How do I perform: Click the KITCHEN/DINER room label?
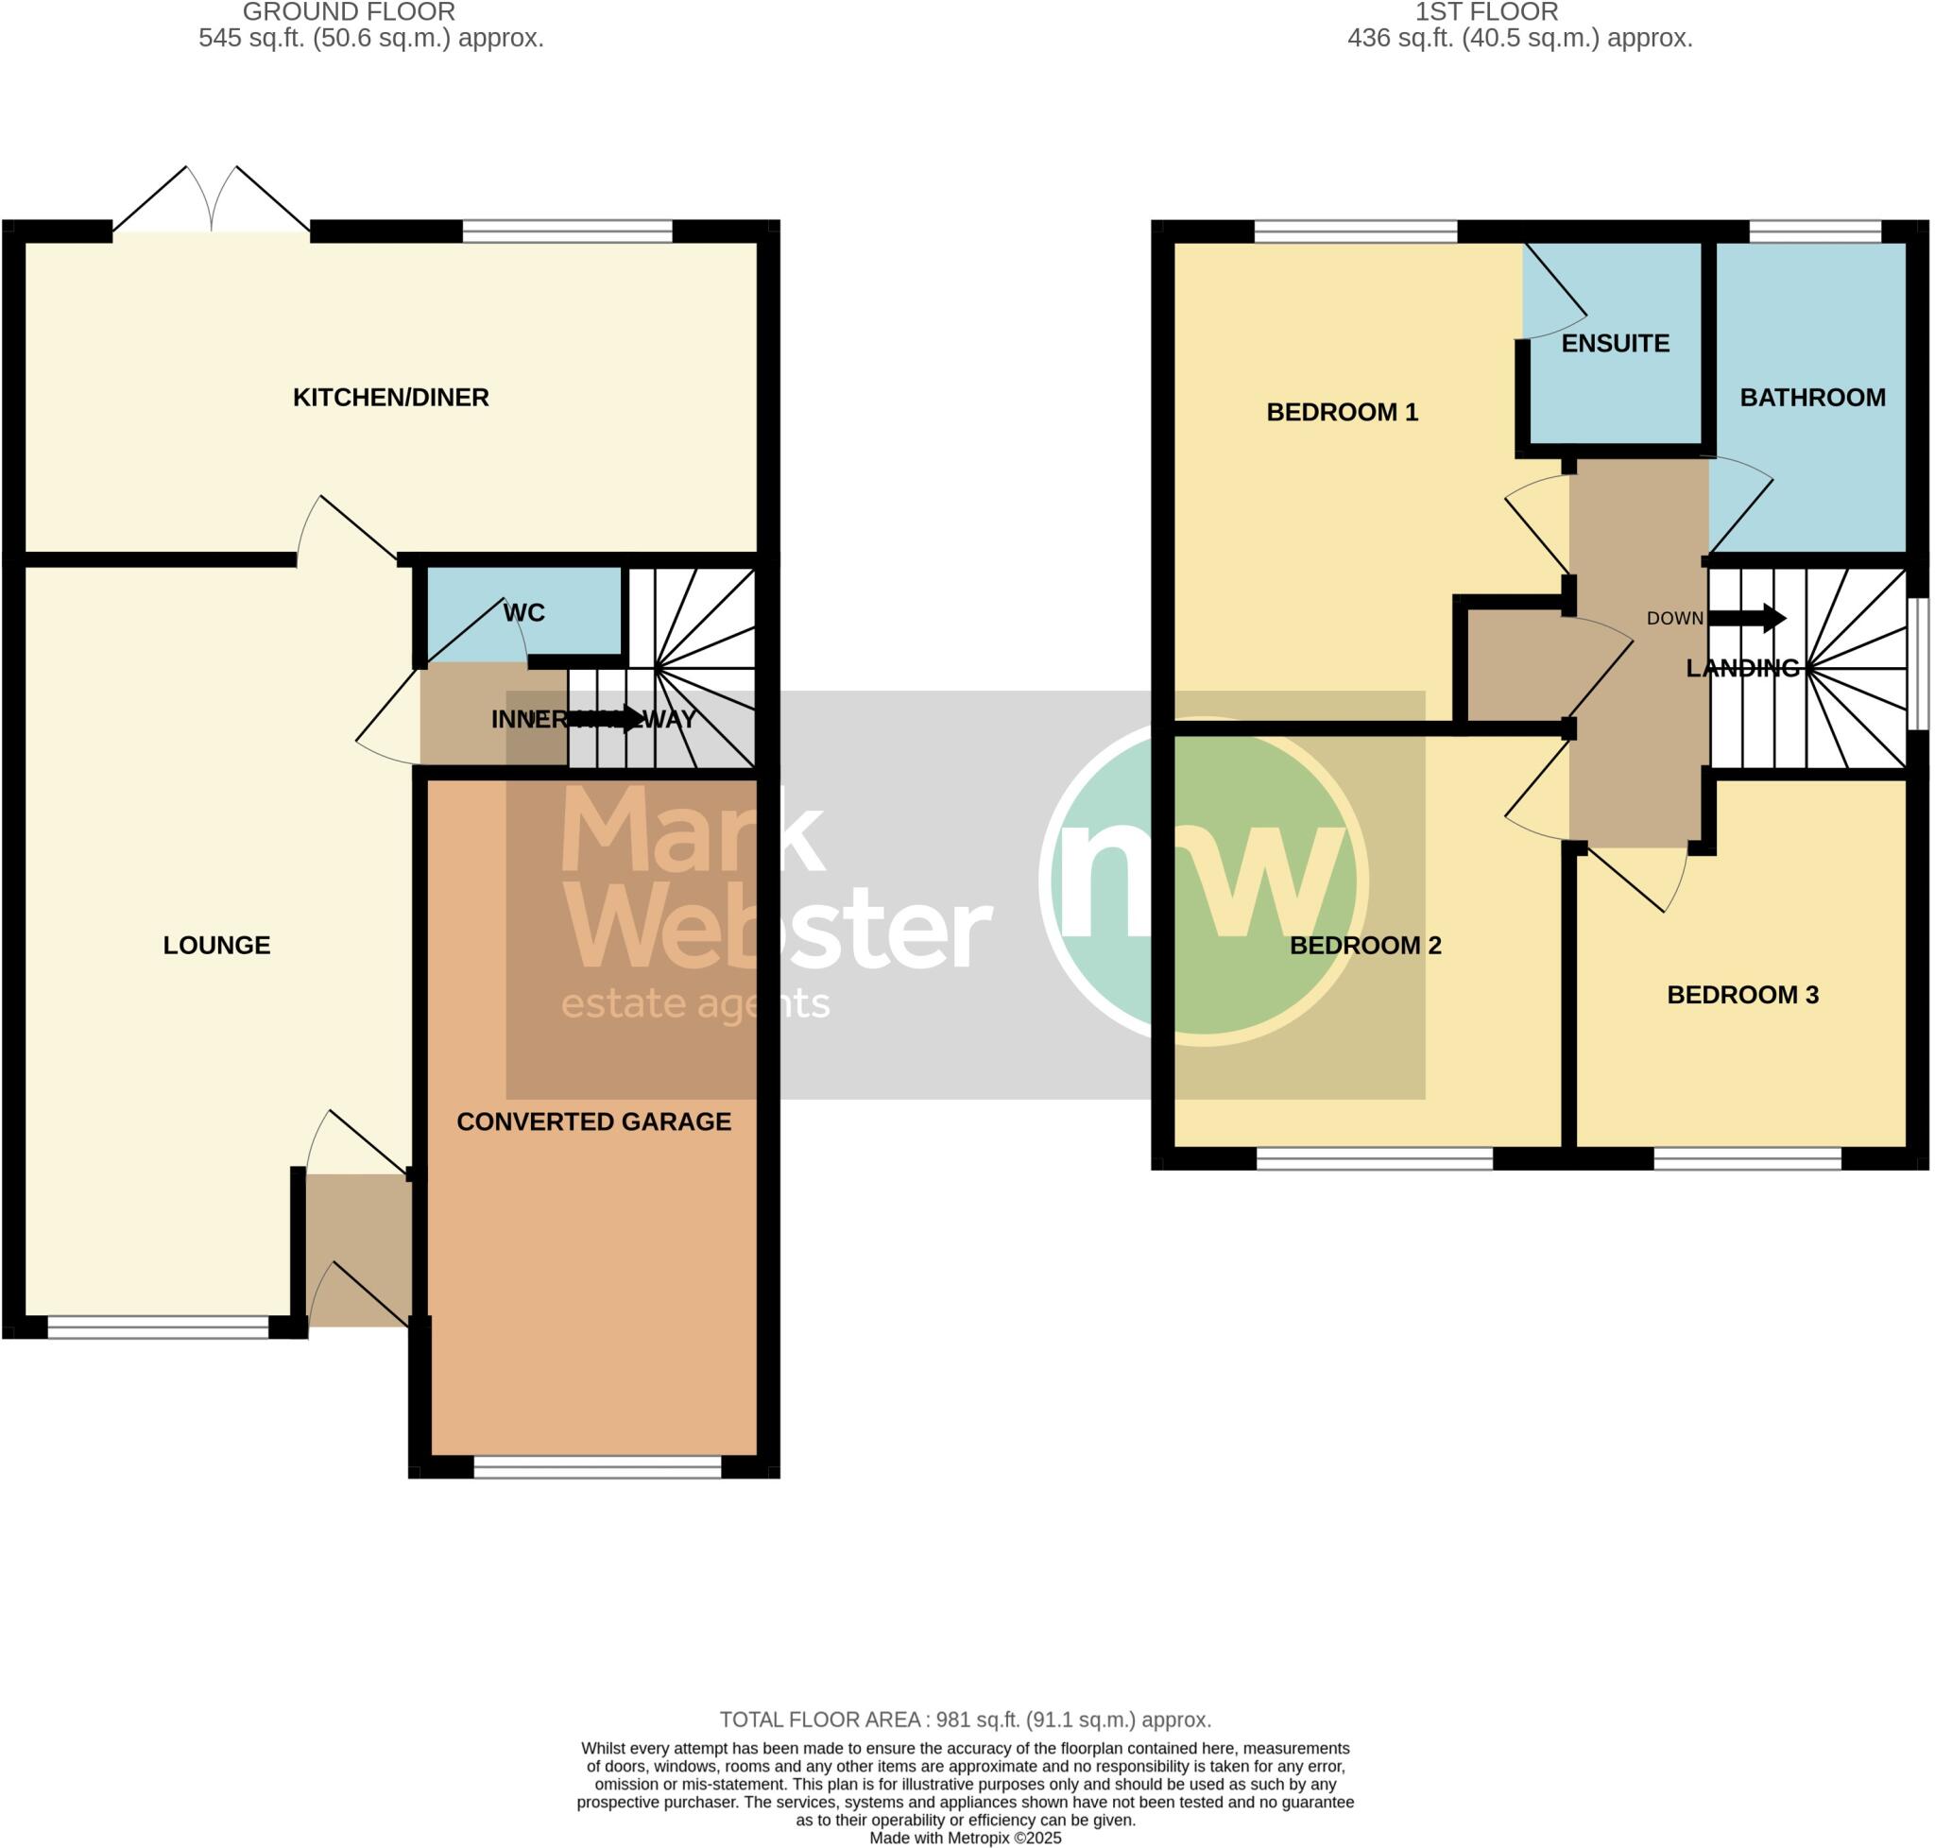point(390,398)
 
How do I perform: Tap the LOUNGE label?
point(215,946)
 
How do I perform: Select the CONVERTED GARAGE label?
point(593,1122)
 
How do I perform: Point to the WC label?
point(523,613)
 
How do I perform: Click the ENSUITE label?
point(1615,344)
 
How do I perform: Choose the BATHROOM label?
point(1812,398)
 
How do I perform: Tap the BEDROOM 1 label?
point(1341,413)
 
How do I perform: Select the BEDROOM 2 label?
point(1364,946)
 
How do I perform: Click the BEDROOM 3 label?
point(1742,995)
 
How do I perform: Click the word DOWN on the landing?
point(1674,619)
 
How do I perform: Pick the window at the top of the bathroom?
point(1814,231)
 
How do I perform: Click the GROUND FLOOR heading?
point(348,13)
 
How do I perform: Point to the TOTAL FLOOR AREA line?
point(965,1720)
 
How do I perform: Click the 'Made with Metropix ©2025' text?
point(965,1839)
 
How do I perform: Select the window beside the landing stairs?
point(1917,664)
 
